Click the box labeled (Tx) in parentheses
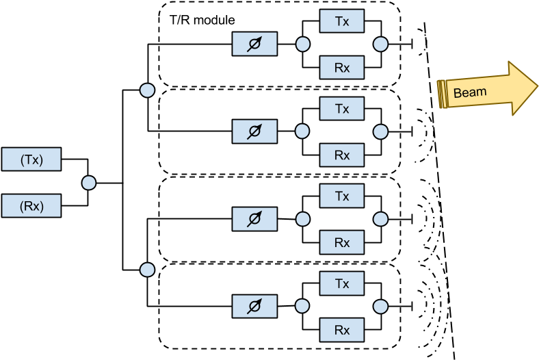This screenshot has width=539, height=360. pos(31,159)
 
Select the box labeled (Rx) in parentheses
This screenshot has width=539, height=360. pos(31,206)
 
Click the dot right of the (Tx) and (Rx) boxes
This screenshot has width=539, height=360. pos(89,183)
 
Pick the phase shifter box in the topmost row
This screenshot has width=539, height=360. pos(254,44)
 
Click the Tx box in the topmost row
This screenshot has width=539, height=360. pos(342,21)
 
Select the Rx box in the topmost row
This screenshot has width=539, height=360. pos(342,68)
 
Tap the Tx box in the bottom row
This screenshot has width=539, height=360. pos(342,283)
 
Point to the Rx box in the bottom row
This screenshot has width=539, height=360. pos(342,330)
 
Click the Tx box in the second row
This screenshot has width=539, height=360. pos(342,109)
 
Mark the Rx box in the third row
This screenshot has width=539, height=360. pos(342,242)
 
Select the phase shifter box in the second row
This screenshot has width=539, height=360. pos(254,131)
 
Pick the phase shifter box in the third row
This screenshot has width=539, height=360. pos(254,219)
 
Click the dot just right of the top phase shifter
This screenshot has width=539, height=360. pos(302,44)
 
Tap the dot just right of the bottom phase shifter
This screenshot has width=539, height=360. pos(302,307)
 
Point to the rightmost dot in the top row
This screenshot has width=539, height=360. pos(381,44)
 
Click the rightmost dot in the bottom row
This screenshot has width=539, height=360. pos(381,307)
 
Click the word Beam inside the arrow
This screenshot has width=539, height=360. pos(470,92)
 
